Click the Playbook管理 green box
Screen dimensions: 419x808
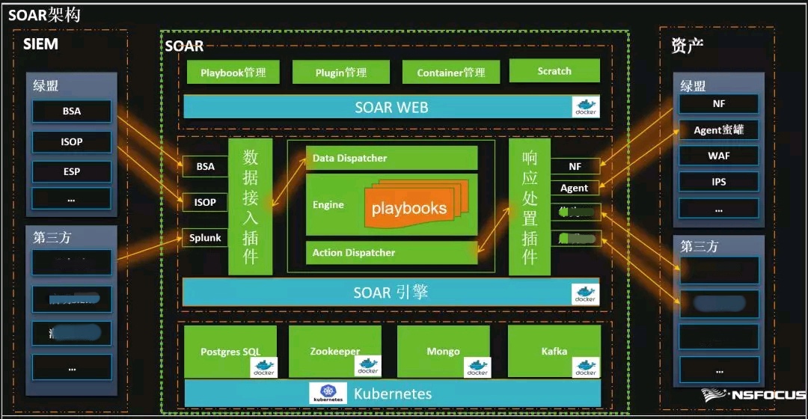(x=233, y=73)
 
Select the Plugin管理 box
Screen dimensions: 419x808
(x=340, y=73)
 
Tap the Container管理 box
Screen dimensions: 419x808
(x=450, y=73)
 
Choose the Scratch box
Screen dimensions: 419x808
(x=554, y=71)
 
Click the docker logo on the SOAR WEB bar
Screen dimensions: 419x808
(x=585, y=106)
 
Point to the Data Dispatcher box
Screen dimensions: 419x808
(x=391, y=158)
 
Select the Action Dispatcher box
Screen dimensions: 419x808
(x=391, y=252)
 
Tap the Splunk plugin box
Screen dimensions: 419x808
(x=205, y=238)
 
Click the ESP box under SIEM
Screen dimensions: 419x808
(x=71, y=171)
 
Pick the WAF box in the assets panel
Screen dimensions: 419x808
(x=718, y=156)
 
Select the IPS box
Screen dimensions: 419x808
(x=718, y=182)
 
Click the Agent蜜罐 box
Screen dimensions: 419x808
(x=718, y=129)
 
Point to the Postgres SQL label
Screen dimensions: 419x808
(x=230, y=352)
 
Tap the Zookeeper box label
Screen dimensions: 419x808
(x=334, y=351)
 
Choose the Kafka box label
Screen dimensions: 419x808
(x=554, y=351)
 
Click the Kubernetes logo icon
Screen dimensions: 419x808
(x=328, y=394)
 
